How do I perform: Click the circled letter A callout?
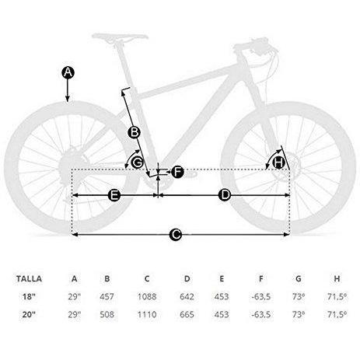click(x=68, y=72)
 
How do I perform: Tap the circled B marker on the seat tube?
click(x=135, y=132)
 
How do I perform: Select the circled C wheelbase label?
click(x=176, y=235)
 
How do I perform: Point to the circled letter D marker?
click(x=225, y=195)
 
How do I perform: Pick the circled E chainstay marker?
click(x=114, y=195)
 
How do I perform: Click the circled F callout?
click(x=177, y=172)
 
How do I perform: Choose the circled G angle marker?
click(x=137, y=163)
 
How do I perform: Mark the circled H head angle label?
click(x=278, y=163)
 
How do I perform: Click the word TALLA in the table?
click(x=29, y=279)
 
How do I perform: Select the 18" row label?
click(x=28, y=296)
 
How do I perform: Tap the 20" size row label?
click(x=28, y=314)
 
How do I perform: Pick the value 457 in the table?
click(x=107, y=296)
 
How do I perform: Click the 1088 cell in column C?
click(x=147, y=296)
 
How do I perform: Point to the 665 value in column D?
click(x=187, y=314)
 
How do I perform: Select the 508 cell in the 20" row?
click(x=107, y=314)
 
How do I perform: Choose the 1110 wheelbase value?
click(x=147, y=314)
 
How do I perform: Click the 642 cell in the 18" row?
click(x=187, y=296)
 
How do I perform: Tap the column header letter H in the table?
click(x=337, y=279)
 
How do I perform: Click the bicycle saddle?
click(x=120, y=37)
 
